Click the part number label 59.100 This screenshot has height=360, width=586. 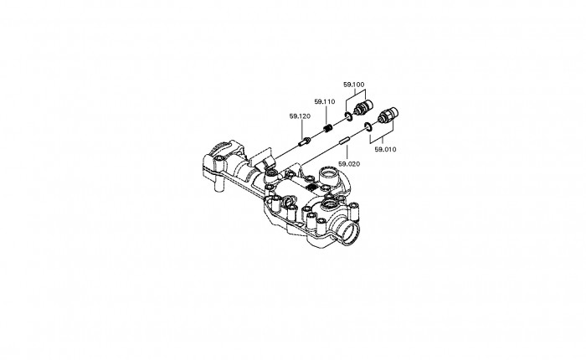click(353, 85)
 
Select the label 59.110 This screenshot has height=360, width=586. click(325, 101)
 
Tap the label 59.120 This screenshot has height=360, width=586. click(300, 116)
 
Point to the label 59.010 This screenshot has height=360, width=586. click(385, 150)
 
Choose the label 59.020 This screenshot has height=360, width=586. click(349, 164)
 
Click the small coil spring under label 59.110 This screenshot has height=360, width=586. click(327, 128)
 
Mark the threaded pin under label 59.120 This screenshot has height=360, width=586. click(304, 141)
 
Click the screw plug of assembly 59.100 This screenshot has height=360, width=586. click(362, 107)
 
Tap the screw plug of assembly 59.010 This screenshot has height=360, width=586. click(388, 115)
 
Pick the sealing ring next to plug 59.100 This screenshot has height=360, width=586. click(348, 116)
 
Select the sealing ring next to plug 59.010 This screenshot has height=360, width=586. click(368, 126)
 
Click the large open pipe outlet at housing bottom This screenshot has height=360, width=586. click(349, 234)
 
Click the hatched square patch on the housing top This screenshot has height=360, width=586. click(311, 188)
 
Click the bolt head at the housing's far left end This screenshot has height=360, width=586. click(219, 160)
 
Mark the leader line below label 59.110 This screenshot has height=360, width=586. click(326, 115)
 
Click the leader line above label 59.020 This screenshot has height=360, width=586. click(347, 152)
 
